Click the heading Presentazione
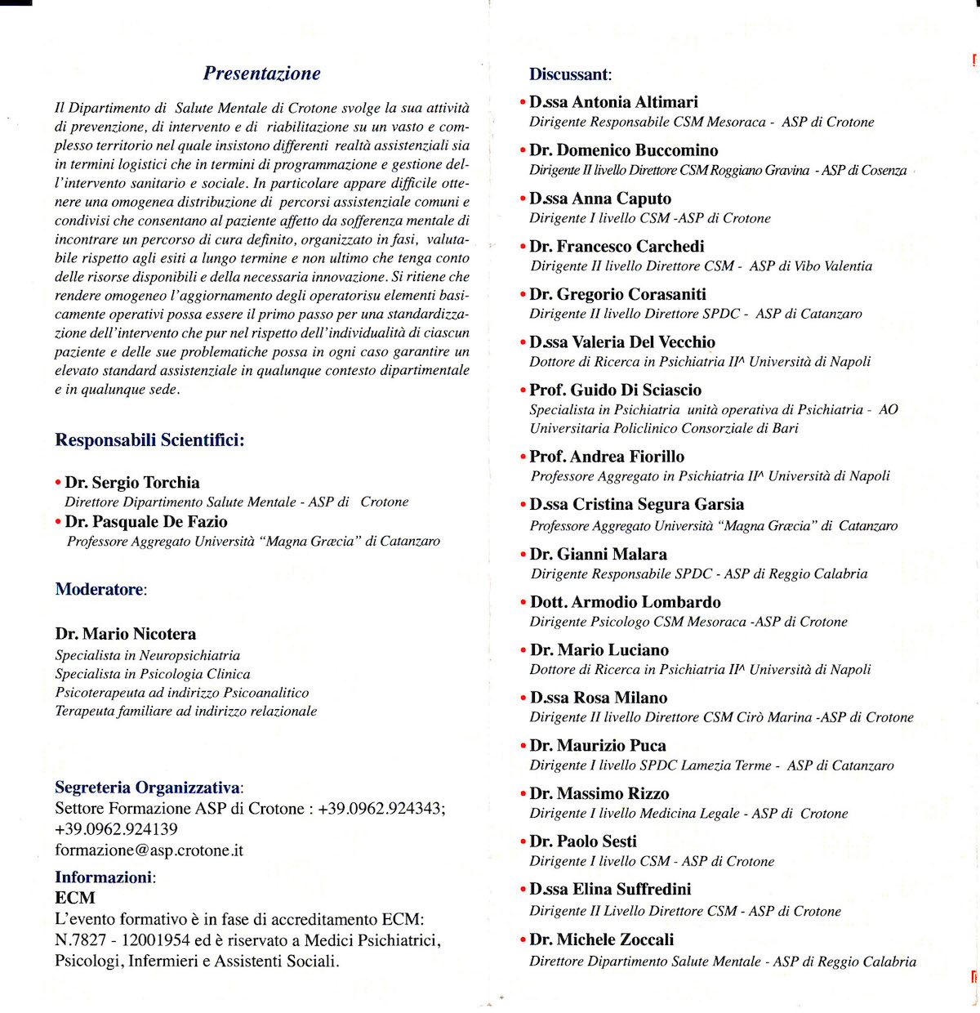pos(261,74)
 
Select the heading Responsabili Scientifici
pos(149,440)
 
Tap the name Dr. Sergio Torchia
pos(132,482)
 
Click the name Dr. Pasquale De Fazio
pos(146,521)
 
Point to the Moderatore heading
pos(100,589)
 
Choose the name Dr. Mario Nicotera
pos(126,634)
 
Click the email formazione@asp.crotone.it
pos(149,850)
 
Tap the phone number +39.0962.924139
pos(116,829)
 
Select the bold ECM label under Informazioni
pos(75,897)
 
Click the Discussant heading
pos(569,74)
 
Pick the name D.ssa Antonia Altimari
pos(613,102)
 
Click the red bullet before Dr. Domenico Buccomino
pos(523,151)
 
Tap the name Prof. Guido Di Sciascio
pos(615,390)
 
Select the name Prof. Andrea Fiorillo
pos(607,457)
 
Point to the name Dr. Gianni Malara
pos(598,554)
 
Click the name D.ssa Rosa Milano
pos(598,698)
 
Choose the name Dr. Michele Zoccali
pos(601,939)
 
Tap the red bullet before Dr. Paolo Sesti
pos(523,842)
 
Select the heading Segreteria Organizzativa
pos(147,788)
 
